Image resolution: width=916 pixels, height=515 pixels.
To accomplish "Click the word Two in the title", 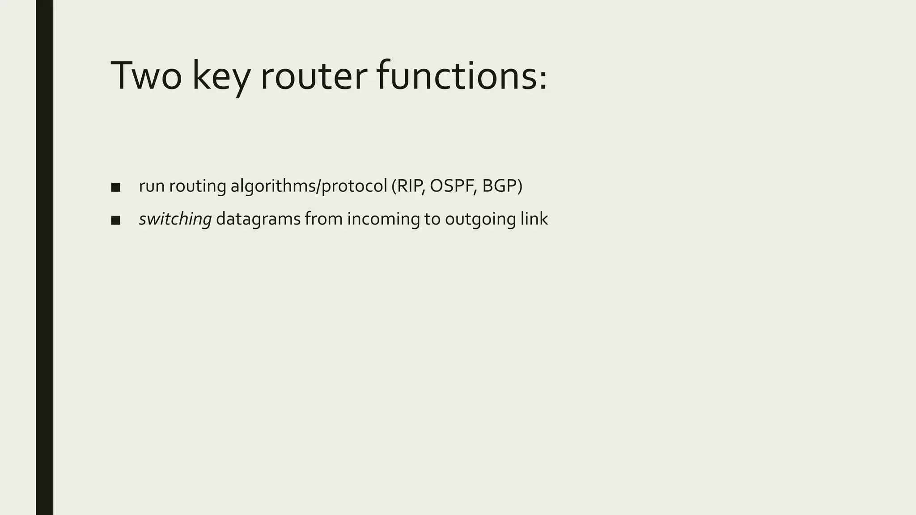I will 146,76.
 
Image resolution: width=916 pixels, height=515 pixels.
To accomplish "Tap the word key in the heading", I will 221,77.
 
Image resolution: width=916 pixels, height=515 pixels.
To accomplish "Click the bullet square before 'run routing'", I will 116,187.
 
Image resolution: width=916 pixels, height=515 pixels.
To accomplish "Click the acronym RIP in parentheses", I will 410,186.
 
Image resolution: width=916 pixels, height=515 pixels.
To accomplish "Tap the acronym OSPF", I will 452,186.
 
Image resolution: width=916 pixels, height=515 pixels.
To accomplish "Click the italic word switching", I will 175,219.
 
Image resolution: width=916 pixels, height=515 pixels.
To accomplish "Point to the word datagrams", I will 258,219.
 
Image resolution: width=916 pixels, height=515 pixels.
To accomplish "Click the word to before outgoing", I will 433,219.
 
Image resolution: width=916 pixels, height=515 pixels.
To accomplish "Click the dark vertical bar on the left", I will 44,257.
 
